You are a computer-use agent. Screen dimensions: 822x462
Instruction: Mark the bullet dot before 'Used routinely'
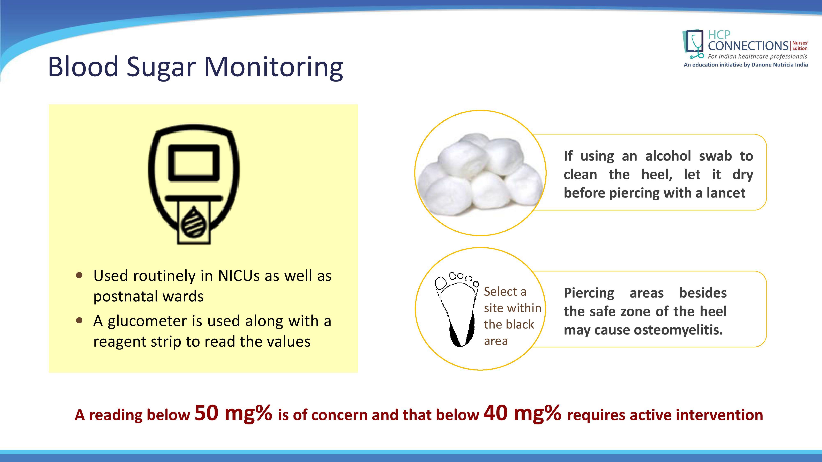[x=80, y=275]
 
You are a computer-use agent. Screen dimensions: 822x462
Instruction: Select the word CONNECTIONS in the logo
[x=748, y=46]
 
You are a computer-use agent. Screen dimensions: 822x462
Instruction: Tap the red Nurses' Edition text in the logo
[x=800, y=46]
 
